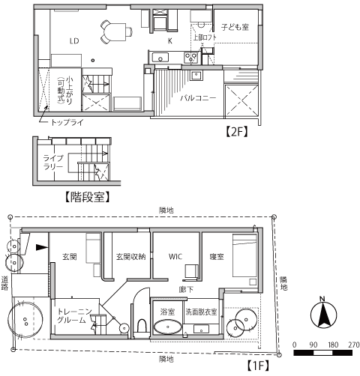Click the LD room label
click(74, 41)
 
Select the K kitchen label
click(169, 40)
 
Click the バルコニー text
click(198, 97)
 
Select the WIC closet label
click(175, 256)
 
